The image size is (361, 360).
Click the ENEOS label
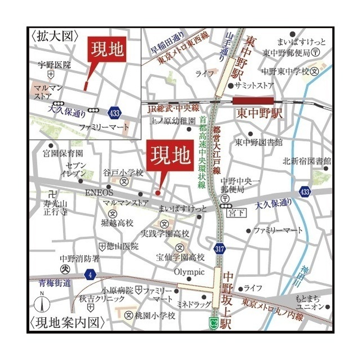(x=99, y=193)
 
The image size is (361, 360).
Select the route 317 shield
(x=219, y=248)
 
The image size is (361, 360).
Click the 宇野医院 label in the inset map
(x=55, y=65)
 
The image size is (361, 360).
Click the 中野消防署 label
(x=80, y=259)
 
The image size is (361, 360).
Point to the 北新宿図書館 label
(x=307, y=161)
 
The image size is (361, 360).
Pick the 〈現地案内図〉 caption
(x=67, y=323)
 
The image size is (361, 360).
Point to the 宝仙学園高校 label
(x=180, y=257)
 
